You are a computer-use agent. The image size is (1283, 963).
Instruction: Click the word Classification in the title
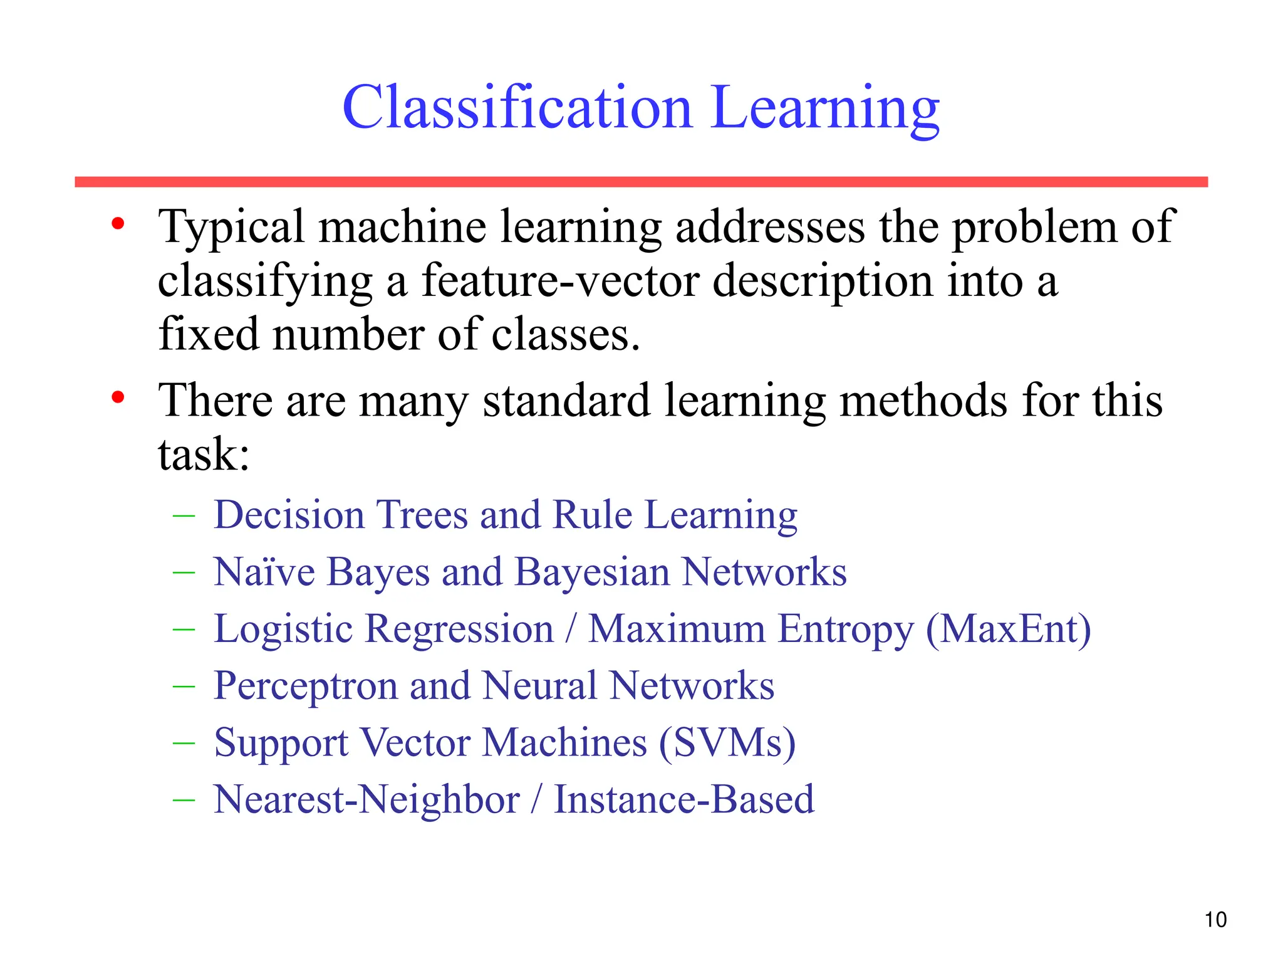(x=517, y=108)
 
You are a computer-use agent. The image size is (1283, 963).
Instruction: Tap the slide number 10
(x=1215, y=920)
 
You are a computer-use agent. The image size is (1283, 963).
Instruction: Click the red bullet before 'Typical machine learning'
(x=118, y=224)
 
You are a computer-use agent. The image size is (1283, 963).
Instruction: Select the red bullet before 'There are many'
(x=118, y=397)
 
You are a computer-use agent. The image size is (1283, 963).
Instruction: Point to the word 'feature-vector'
(x=561, y=282)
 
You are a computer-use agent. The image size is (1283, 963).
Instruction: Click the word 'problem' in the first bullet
(x=1034, y=227)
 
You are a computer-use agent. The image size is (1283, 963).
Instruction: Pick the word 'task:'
(x=204, y=454)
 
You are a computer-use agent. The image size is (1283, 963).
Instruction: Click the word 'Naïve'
(x=264, y=572)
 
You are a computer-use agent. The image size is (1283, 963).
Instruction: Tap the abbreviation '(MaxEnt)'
(x=1008, y=629)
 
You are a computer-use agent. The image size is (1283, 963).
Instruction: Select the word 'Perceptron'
(x=305, y=686)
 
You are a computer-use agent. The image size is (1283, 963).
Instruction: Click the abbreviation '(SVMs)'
(x=727, y=743)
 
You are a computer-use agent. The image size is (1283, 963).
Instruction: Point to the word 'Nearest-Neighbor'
(x=366, y=800)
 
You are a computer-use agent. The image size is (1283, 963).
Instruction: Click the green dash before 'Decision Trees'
(x=184, y=516)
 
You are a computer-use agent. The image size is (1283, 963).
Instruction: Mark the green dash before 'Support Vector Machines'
(x=184, y=744)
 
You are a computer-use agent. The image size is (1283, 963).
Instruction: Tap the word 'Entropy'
(x=845, y=630)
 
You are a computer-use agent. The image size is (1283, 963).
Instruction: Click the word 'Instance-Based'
(x=684, y=800)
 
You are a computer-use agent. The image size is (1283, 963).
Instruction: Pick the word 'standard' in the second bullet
(x=566, y=400)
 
